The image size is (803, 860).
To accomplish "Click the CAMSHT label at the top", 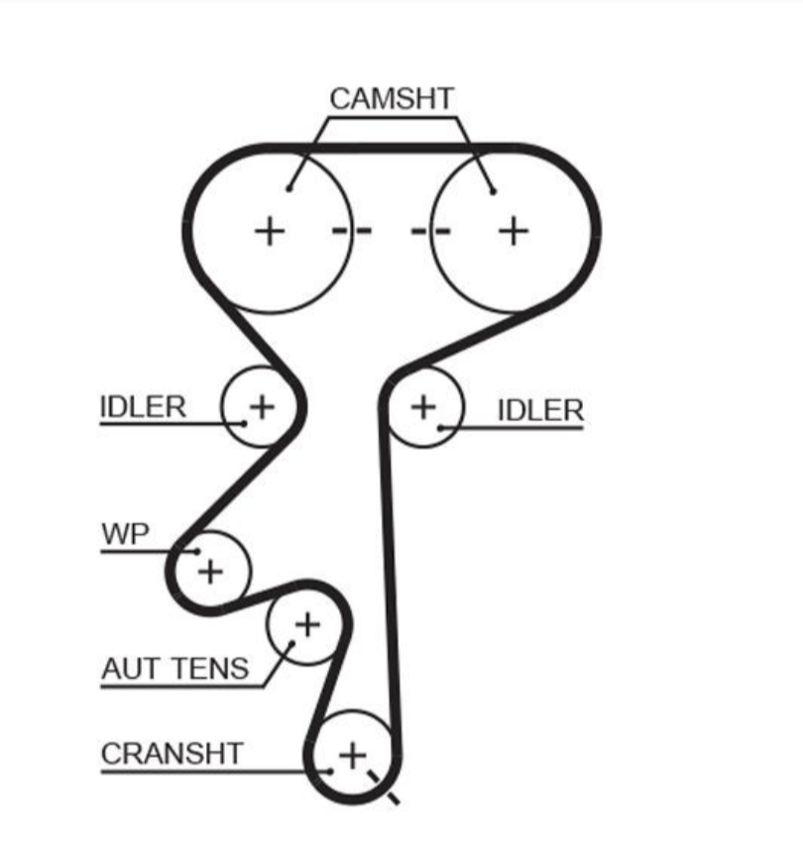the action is (392, 99).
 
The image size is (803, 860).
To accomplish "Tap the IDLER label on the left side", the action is (143, 407).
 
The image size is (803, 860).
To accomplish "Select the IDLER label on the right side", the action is (540, 411).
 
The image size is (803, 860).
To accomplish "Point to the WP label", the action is (125, 534).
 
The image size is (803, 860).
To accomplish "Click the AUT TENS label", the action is (175, 669).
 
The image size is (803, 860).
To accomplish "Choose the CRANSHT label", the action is (172, 754).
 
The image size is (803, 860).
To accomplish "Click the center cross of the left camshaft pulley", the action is (270, 231).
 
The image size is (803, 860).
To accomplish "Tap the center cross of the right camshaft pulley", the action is (514, 231).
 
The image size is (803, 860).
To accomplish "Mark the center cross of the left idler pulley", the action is (262, 407).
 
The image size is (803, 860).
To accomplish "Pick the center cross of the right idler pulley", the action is (423, 407).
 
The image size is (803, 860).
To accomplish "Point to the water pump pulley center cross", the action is (210, 572).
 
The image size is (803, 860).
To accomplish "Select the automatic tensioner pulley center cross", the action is (307, 625).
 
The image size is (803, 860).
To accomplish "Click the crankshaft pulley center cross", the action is (352, 756).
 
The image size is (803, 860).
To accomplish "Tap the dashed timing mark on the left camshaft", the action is (352, 231).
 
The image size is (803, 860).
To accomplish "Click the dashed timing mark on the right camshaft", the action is (431, 231).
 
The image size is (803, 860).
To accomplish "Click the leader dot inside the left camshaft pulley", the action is (289, 189).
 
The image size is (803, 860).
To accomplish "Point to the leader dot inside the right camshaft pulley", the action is (493, 191).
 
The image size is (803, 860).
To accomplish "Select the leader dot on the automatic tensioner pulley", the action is (292, 643).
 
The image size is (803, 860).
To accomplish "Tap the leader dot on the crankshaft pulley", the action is (330, 772).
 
